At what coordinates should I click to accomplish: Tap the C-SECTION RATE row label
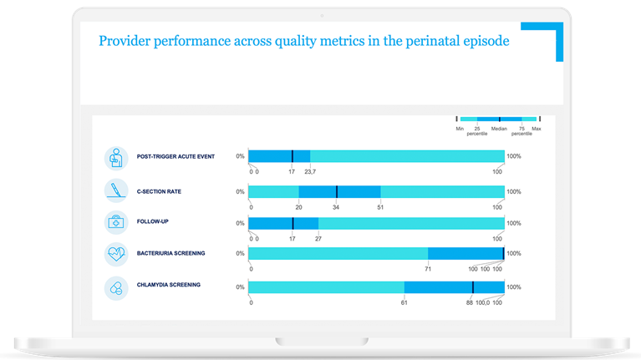click(x=159, y=191)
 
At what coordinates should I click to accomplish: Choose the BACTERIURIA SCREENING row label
click(x=170, y=252)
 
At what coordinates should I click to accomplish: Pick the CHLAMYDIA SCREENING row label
click(x=169, y=285)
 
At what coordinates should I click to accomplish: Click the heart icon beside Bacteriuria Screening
click(x=115, y=254)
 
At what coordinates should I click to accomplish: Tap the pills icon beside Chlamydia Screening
click(x=115, y=287)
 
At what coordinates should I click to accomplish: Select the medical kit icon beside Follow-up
click(x=115, y=223)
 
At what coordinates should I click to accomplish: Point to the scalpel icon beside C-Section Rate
click(x=115, y=190)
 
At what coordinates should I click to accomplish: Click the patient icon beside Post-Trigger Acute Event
click(x=115, y=157)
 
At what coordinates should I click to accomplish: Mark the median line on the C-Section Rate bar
click(x=336, y=191)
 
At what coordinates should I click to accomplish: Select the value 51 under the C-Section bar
click(x=380, y=206)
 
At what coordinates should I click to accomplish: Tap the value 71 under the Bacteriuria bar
click(x=428, y=269)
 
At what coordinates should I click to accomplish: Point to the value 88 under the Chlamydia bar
click(x=470, y=302)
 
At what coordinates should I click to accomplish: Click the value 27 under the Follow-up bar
click(x=318, y=238)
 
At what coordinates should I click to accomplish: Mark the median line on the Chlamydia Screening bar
click(x=472, y=287)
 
